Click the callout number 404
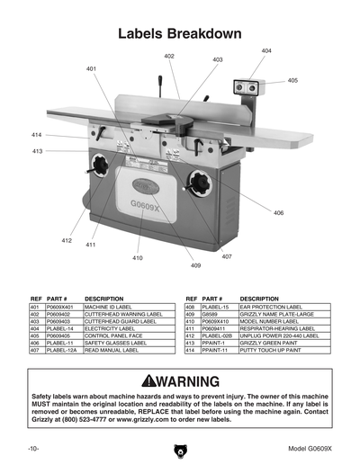click(266, 51)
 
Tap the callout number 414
click(37, 135)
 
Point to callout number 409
click(195, 265)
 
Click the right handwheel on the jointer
click(190, 177)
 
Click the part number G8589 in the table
click(212, 314)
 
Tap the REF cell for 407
click(36, 350)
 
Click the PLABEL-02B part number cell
click(219, 335)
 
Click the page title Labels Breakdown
click(180, 34)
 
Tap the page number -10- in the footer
click(32, 447)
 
